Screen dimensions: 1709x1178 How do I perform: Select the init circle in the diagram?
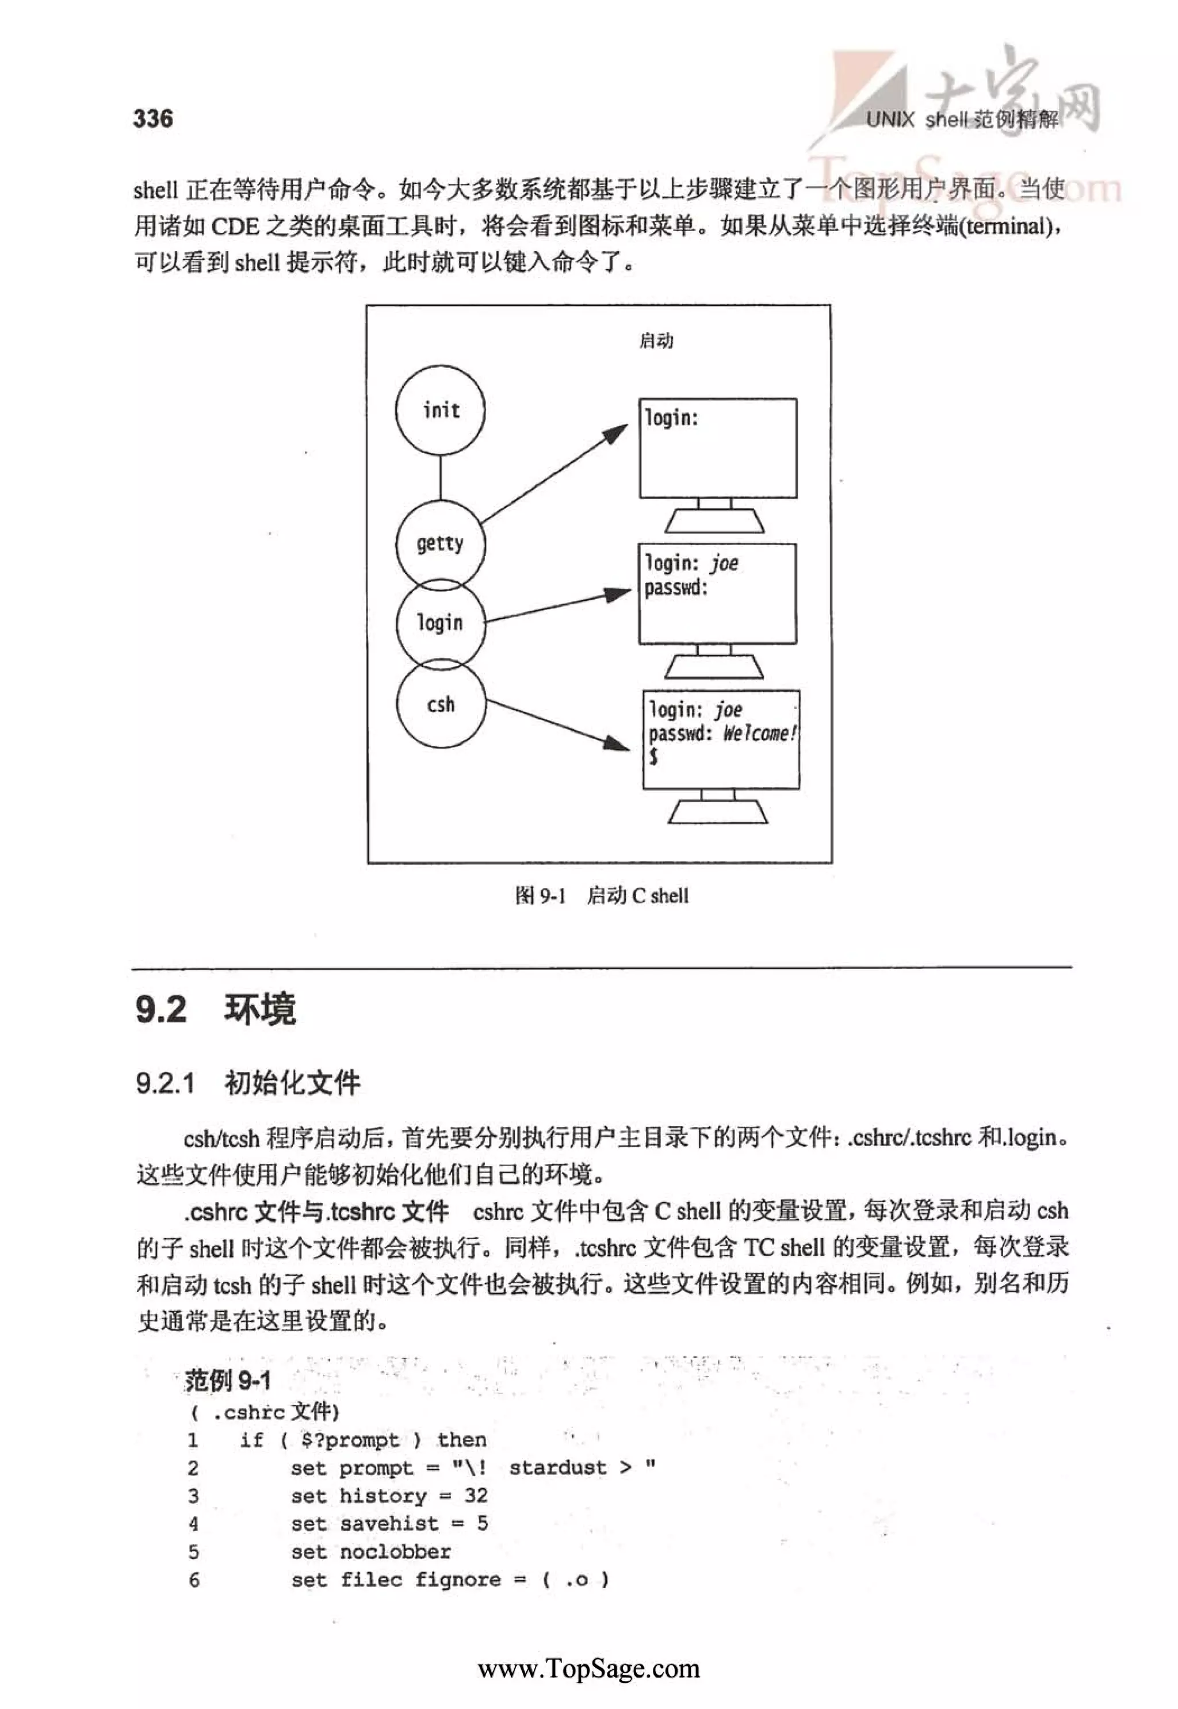click(x=440, y=410)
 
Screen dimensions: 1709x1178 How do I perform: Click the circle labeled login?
click(x=440, y=623)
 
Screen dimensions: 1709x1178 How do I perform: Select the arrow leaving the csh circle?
click(x=557, y=725)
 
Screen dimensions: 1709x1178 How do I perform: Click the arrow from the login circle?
click(x=557, y=606)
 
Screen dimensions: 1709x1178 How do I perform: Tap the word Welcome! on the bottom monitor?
click(x=759, y=734)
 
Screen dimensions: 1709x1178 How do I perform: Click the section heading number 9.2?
click(x=161, y=1009)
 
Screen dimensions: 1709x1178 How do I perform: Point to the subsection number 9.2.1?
click(x=165, y=1083)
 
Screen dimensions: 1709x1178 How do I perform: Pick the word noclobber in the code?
click(x=395, y=1552)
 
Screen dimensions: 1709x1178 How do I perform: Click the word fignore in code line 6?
click(x=458, y=1580)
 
